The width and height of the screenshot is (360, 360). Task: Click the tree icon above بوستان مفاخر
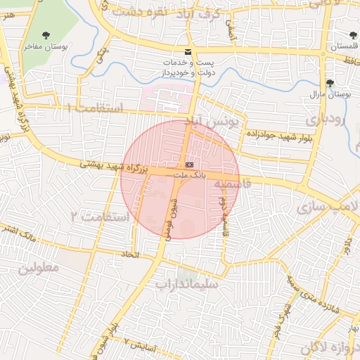click(x=46, y=34)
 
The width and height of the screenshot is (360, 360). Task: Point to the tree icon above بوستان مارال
click(x=330, y=82)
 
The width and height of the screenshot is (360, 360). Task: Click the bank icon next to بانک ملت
click(x=188, y=163)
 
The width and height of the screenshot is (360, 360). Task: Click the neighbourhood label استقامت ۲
click(x=101, y=215)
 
